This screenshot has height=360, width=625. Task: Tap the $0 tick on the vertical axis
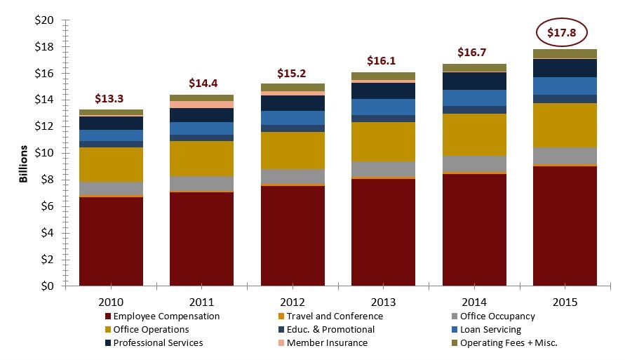[46, 286]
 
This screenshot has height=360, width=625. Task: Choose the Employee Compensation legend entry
[166, 316]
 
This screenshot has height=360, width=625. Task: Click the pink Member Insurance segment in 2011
[201, 105]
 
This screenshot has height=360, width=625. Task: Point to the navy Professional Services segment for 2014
[474, 81]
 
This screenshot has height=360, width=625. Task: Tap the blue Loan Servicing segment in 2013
[383, 107]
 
